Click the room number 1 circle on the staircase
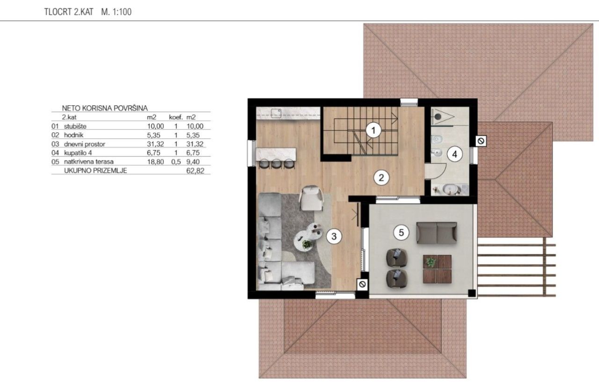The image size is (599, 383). [x=373, y=130]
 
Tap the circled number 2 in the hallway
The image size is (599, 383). [x=381, y=178]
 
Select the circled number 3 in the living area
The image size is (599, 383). [x=334, y=236]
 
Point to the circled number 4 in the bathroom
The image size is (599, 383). [x=454, y=154]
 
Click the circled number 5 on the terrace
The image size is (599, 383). [x=401, y=232]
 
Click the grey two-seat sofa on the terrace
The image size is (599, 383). [x=437, y=232]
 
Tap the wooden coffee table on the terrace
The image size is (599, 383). [x=437, y=269]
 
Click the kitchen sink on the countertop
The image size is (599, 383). [x=276, y=113]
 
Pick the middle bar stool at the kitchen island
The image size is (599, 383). [x=276, y=164]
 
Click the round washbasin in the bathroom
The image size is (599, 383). [x=452, y=189]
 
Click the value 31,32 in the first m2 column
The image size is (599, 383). [x=155, y=144]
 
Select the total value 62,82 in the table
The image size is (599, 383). [x=195, y=171]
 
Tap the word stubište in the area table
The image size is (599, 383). [x=75, y=126]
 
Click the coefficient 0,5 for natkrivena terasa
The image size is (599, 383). [x=176, y=162]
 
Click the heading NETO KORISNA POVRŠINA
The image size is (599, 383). [x=105, y=108]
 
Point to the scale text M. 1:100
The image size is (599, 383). [x=117, y=12]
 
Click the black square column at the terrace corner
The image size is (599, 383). [x=472, y=293]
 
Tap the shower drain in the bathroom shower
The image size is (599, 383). [x=438, y=116]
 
